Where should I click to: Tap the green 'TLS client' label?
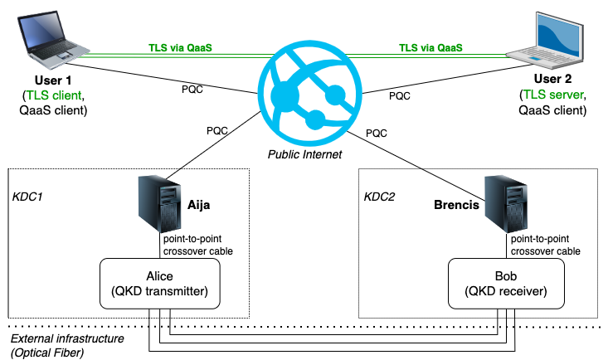coord(54,95)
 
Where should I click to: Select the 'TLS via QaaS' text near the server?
coord(430,48)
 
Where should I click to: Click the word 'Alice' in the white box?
coord(159,276)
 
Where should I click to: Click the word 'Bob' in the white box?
coord(506,276)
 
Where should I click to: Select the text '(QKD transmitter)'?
coord(159,291)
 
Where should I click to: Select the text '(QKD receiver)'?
coord(506,291)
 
